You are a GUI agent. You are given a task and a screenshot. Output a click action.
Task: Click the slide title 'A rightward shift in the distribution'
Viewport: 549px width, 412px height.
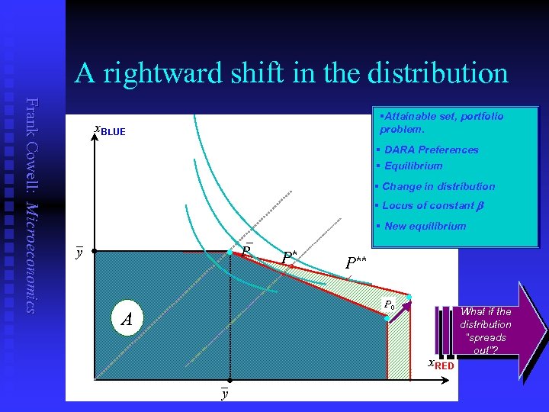[291, 73]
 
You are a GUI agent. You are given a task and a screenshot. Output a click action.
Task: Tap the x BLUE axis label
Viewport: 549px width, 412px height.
[109, 130]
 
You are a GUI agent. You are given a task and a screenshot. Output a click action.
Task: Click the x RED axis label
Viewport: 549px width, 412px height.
[441, 364]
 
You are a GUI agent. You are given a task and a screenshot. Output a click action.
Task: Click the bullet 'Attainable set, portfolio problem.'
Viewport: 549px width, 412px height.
[441, 122]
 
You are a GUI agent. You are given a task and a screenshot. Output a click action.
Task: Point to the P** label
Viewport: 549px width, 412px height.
[356, 263]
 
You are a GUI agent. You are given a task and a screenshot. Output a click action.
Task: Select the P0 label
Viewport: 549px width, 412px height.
[390, 304]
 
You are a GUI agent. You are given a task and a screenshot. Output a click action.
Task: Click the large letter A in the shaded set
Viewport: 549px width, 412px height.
[127, 318]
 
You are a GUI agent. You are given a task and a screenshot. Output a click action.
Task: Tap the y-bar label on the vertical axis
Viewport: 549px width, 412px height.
[78, 253]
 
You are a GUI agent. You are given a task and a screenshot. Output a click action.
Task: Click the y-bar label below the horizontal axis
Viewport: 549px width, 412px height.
[224, 393]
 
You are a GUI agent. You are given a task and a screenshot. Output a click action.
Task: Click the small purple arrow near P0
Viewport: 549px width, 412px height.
[400, 310]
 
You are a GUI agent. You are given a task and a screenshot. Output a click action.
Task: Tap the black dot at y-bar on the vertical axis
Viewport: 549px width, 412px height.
[92, 251]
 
